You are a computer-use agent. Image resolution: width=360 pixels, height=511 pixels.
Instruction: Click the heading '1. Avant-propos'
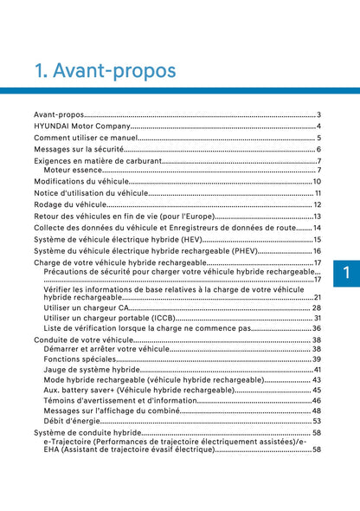(104, 69)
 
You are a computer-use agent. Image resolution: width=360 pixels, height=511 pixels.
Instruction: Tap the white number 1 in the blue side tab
(344, 273)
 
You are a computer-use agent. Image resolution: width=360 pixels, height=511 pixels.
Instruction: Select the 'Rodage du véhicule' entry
(69, 204)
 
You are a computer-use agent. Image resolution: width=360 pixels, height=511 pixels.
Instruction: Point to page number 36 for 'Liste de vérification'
(317, 328)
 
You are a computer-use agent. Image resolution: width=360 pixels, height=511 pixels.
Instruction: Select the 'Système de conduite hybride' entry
(87, 432)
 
